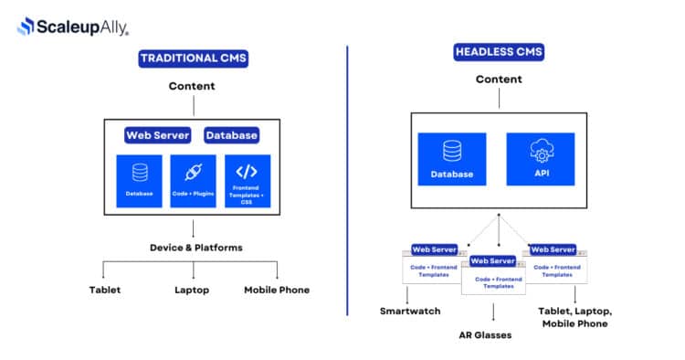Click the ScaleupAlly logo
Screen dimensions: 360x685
coord(72,26)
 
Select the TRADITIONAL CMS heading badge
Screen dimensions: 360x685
coord(193,59)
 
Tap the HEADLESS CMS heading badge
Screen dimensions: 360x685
coord(499,52)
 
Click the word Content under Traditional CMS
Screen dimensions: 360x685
coord(192,87)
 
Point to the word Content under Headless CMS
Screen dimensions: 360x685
coord(499,79)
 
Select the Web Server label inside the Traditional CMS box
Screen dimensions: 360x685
coord(157,135)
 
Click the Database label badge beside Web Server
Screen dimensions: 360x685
coord(231,135)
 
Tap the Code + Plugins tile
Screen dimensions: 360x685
coord(193,181)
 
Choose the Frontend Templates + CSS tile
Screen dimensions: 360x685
coord(248,181)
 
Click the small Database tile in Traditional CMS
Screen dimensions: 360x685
coord(139,181)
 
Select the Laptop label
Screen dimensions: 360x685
coord(192,290)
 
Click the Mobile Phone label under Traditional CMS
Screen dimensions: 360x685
coord(277,290)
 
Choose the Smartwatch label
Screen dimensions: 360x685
coord(410,312)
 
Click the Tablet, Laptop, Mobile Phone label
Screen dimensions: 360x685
coord(575,317)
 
